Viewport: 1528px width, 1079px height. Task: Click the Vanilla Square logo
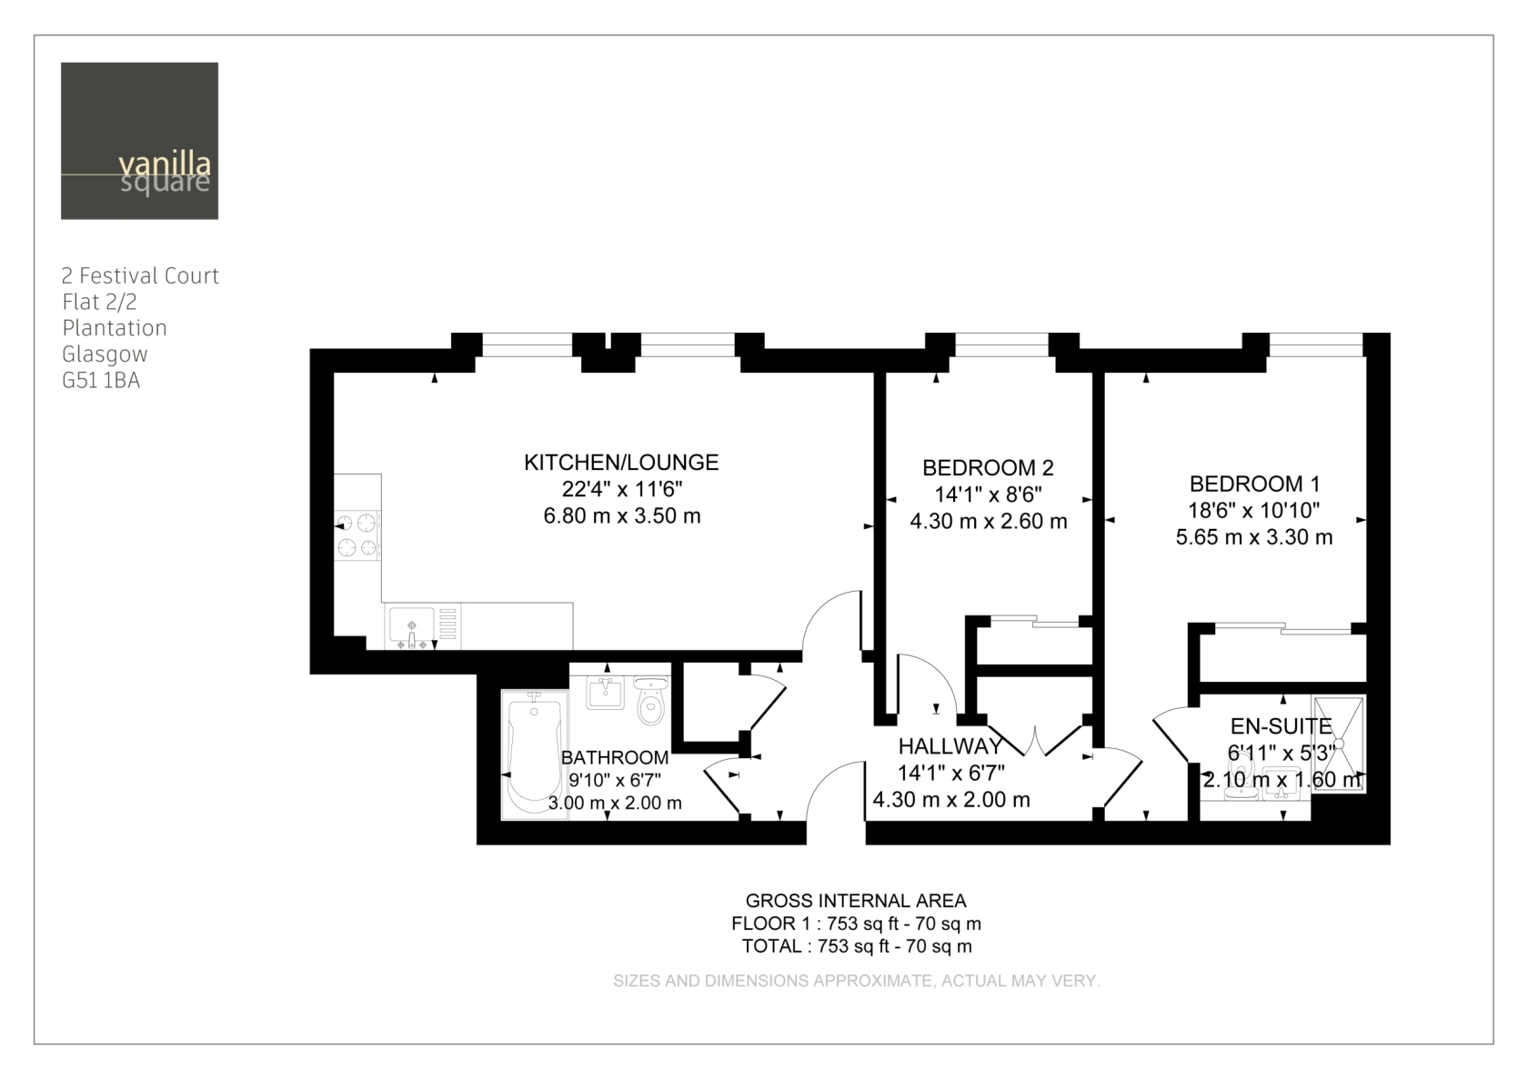139,140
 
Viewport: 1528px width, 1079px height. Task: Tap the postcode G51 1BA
101,380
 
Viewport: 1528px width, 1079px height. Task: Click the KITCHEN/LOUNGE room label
620,462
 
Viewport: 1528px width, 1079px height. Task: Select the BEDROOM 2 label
988,467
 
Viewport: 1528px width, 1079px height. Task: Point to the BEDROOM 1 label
1254,484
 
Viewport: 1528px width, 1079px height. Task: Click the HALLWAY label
950,746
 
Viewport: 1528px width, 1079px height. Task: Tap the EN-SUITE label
1281,726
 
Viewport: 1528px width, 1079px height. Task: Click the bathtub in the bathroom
535,754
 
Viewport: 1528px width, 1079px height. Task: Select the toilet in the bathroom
651,700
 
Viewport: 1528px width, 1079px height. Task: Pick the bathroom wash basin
605,693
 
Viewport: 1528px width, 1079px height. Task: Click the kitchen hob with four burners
357,535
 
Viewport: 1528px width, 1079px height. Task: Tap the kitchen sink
411,628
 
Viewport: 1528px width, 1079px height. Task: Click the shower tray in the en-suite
1339,744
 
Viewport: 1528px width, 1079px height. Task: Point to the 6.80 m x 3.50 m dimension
621,516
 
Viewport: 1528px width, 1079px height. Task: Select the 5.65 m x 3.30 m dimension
1253,537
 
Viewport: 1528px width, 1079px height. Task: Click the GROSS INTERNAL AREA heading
855,901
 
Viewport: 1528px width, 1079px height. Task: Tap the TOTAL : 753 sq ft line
857,946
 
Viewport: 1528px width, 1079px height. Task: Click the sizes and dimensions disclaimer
856,981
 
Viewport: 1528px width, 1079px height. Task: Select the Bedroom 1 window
1316,345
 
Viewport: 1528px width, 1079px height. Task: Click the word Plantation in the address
115,328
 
